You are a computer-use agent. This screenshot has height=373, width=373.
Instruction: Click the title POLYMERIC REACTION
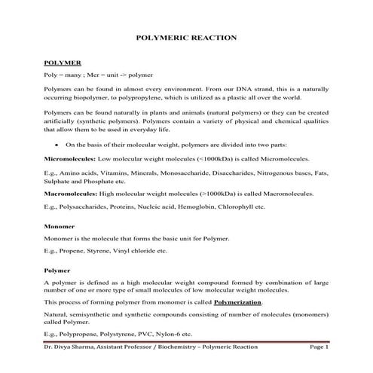186,36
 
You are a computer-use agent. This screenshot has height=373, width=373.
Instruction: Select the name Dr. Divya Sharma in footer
69,347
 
